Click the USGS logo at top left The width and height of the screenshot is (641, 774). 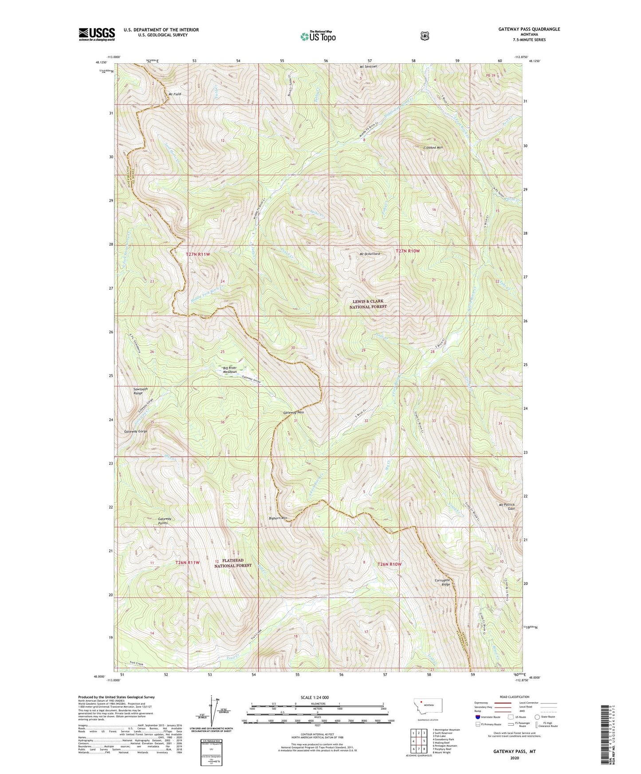pyautogui.click(x=97, y=34)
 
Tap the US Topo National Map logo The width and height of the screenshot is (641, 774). pyautogui.click(x=318, y=36)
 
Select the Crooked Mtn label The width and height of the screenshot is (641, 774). pyautogui.click(x=433, y=148)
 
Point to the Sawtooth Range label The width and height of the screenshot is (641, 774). pyautogui.click(x=141, y=391)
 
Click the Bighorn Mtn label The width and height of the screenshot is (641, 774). pyautogui.click(x=278, y=518)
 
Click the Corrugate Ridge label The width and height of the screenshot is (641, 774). pyautogui.click(x=443, y=582)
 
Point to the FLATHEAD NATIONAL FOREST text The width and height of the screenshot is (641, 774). pyautogui.click(x=233, y=563)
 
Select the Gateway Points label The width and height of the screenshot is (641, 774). pyautogui.click(x=165, y=521)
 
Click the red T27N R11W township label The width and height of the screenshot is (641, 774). pyautogui.click(x=197, y=254)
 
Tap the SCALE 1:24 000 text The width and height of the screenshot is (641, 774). pyautogui.click(x=315, y=698)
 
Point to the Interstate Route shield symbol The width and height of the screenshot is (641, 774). pyautogui.click(x=477, y=716)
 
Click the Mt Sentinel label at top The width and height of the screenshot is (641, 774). pyautogui.click(x=368, y=66)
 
